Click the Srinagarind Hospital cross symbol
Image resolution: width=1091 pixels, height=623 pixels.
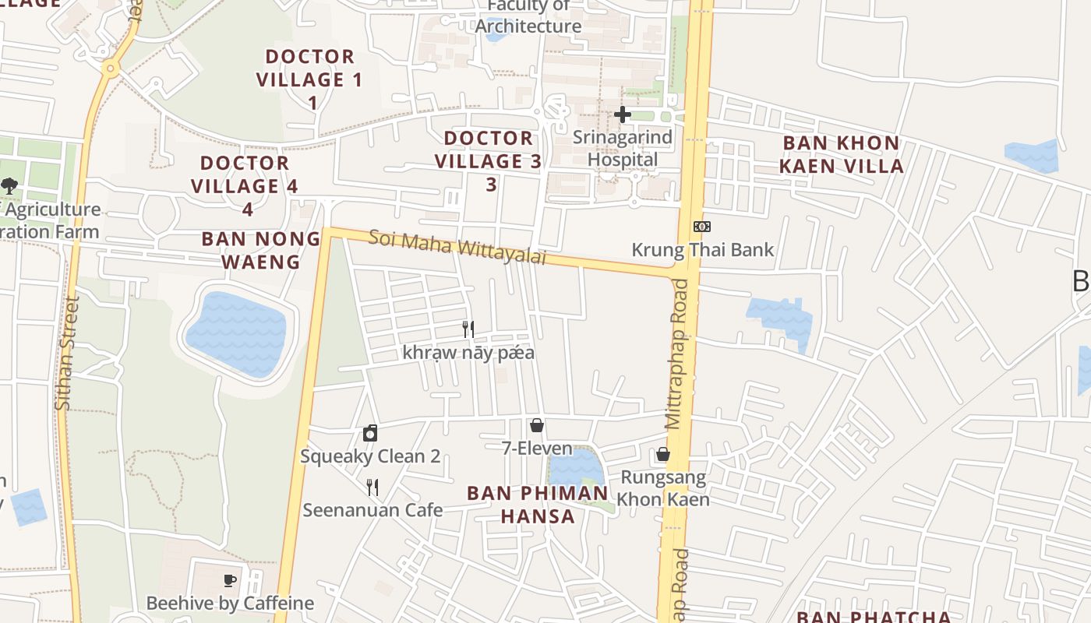pos(622,114)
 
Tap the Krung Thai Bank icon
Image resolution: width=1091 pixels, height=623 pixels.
pos(701,227)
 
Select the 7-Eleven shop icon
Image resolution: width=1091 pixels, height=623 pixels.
pos(536,425)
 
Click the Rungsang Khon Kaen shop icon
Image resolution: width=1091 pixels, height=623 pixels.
pos(662,454)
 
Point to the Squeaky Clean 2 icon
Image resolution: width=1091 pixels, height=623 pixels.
pos(370,433)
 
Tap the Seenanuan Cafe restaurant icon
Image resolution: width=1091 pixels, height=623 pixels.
pos(372,487)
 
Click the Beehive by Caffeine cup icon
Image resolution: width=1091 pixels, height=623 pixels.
pos(230,580)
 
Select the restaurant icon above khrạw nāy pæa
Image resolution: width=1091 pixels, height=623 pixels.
pos(468,329)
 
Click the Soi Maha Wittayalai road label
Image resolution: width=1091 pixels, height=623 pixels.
pos(457,246)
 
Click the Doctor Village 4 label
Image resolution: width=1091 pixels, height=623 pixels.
pos(245,185)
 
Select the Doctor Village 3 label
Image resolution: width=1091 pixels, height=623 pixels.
pos(489,161)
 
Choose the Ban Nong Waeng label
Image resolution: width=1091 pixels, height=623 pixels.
pos(261,250)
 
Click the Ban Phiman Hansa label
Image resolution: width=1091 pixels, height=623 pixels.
pos(538,504)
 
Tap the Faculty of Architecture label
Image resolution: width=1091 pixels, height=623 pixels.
pos(528,17)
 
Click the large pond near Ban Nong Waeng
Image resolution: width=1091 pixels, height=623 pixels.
pos(237,333)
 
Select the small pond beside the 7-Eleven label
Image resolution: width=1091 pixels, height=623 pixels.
pos(575,468)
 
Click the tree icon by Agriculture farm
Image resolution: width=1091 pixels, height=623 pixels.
pos(9,186)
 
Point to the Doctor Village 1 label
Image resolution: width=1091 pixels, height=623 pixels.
pos(310,79)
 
